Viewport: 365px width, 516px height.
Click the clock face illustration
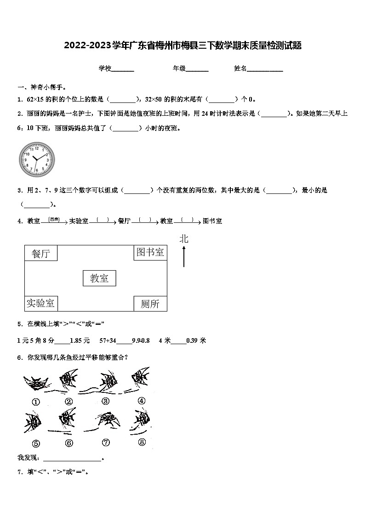pos(37,159)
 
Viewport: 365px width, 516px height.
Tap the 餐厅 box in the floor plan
pos(41,253)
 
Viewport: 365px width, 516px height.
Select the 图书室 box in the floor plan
pos(150,252)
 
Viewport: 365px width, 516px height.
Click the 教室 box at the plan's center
pos(99,278)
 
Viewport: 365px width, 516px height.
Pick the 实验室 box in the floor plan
pos(40,303)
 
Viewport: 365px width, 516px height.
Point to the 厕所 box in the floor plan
pos(150,304)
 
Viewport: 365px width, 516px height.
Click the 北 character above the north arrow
pos(184,238)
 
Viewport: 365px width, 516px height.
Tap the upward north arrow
pos(184,256)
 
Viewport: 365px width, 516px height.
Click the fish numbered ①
pos(35,383)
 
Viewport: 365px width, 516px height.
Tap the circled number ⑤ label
pos(36,443)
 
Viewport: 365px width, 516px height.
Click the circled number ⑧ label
pos(142,442)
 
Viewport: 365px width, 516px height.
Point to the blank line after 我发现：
pos(72,459)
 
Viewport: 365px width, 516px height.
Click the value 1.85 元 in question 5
pos(80,340)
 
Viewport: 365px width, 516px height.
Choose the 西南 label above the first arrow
pos(54,220)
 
